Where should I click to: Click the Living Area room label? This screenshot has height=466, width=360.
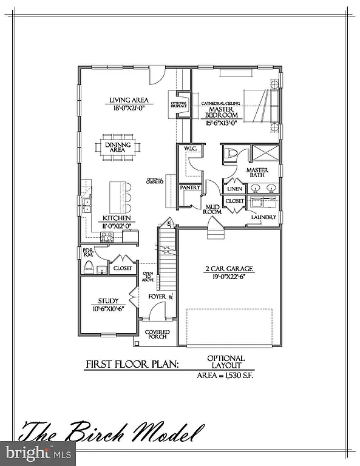coord(129,101)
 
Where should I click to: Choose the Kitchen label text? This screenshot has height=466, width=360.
coord(114,217)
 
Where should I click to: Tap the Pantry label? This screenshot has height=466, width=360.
coord(191,188)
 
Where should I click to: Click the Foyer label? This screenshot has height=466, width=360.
coord(157,297)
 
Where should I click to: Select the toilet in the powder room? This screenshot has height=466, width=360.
coord(89,268)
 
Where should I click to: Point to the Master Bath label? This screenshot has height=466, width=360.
coord(257,174)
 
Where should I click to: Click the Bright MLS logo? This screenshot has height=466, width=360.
coord(38,452)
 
